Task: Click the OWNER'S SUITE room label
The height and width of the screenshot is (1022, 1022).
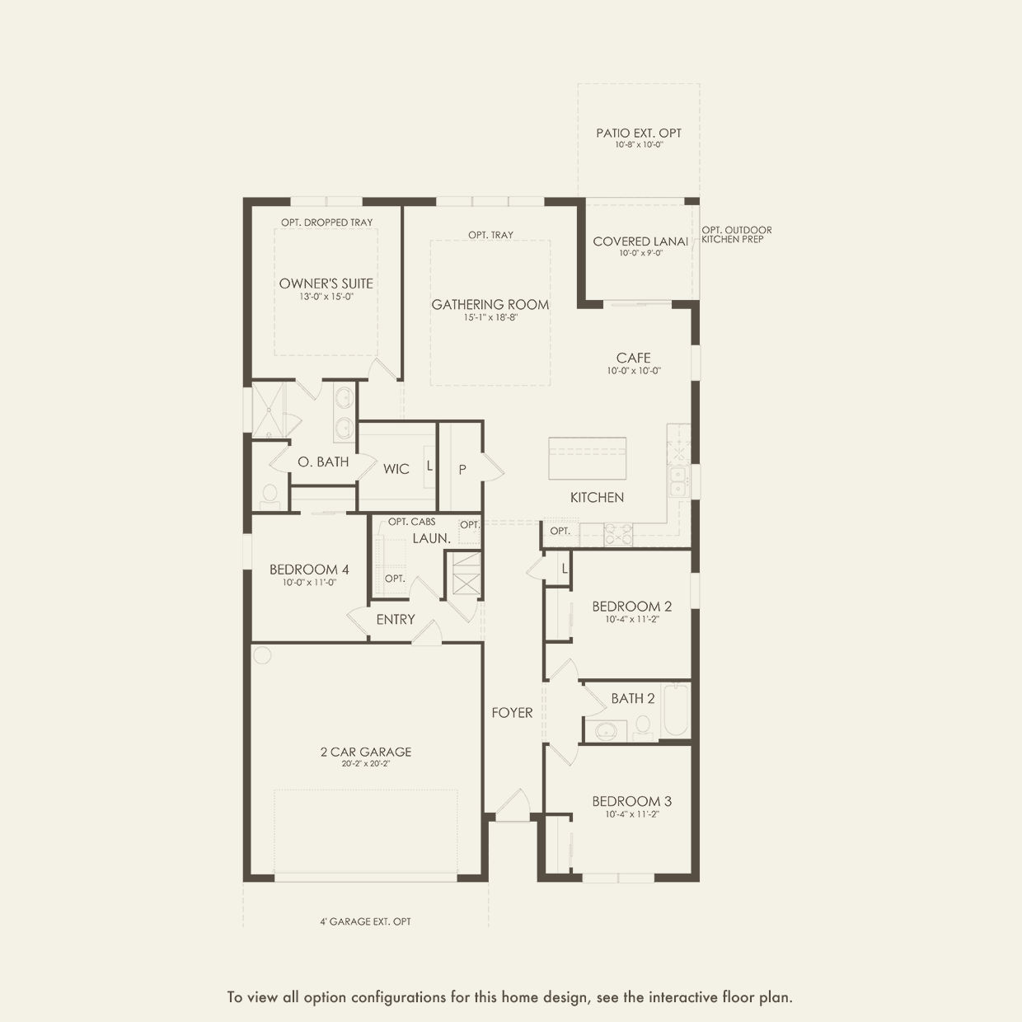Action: tap(326, 284)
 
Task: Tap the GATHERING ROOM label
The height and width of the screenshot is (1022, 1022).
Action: tap(490, 304)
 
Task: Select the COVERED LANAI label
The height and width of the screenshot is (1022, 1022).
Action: tap(640, 241)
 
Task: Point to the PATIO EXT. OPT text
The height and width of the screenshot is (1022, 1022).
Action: tap(639, 133)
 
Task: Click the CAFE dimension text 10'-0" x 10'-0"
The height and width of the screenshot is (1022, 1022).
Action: tap(634, 371)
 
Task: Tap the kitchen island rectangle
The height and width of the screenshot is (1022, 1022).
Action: tap(587, 458)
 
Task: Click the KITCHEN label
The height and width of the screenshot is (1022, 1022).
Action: tap(597, 497)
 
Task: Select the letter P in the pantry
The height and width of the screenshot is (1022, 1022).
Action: tap(462, 469)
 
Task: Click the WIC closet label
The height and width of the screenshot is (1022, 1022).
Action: tap(396, 469)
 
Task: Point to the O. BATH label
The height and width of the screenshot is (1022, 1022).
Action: tap(323, 462)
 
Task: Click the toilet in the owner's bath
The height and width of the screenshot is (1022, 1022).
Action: tap(270, 496)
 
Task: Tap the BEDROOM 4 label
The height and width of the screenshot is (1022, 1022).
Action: tap(309, 570)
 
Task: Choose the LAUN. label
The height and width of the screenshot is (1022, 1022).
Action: tap(432, 538)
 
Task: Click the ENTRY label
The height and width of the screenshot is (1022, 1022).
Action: tap(396, 619)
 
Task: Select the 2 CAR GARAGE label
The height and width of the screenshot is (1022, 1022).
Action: tap(366, 752)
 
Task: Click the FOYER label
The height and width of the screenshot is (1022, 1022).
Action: tap(512, 713)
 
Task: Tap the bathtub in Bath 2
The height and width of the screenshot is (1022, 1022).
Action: tap(676, 710)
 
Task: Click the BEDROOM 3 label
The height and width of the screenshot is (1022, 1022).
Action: tap(632, 801)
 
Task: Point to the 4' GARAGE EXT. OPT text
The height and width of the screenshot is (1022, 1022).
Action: tap(365, 921)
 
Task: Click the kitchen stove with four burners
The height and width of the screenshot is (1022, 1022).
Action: tap(618, 535)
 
